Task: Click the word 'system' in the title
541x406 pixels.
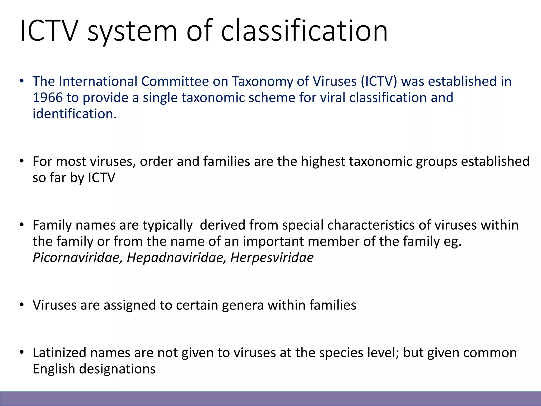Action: point(132,31)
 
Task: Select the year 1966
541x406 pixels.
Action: point(48,98)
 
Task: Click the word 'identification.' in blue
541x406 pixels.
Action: point(74,114)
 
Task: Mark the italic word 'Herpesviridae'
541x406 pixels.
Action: point(272,258)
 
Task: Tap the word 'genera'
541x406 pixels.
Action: point(242,305)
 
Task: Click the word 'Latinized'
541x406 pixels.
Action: point(59,353)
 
